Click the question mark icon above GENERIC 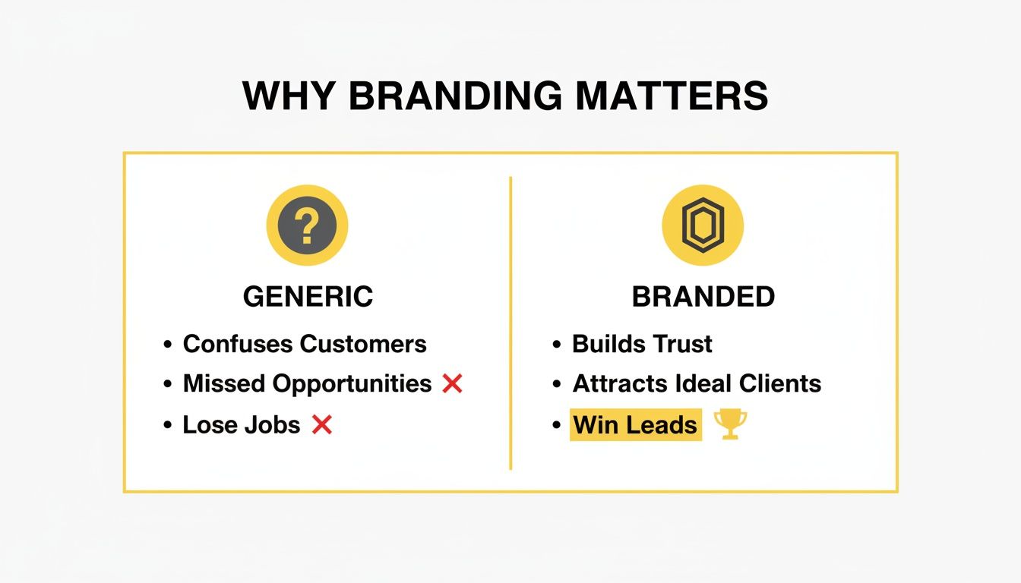tap(306, 225)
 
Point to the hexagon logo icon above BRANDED tap(703, 225)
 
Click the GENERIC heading tap(308, 297)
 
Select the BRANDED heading tap(703, 297)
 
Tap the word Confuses tap(239, 344)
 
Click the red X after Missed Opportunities tap(452, 384)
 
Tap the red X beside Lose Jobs tap(322, 425)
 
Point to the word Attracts tap(617, 384)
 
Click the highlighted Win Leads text tap(635, 425)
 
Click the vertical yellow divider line tap(510, 323)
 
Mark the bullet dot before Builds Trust tap(557, 345)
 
